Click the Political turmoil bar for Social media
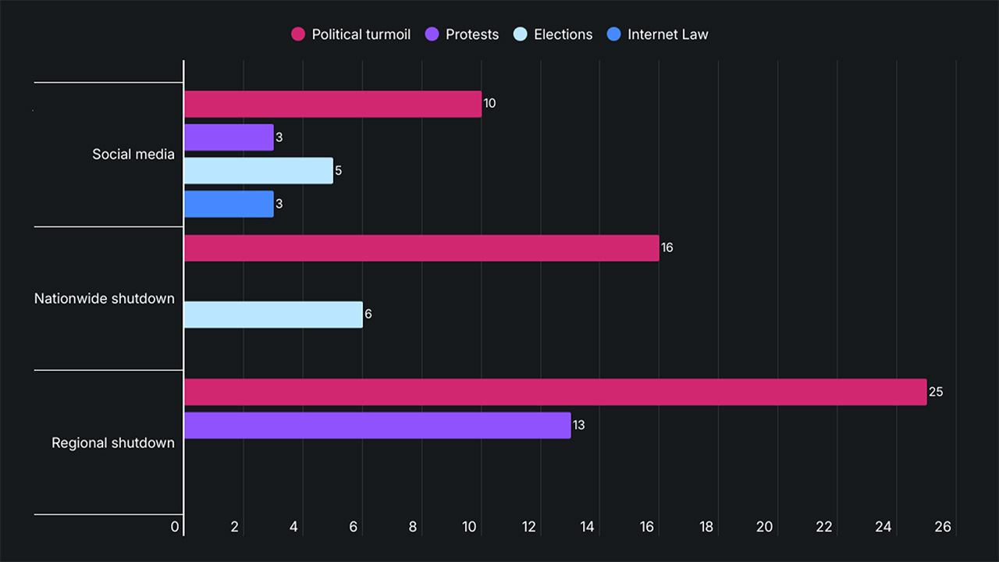pos(332,104)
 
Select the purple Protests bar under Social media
pos(229,137)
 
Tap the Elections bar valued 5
pos(258,170)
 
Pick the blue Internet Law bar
pos(229,204)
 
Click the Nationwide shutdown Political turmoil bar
pos(421,248)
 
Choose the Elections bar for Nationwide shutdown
pos(273,315)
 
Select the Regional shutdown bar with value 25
pos(555,392)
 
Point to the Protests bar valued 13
pos(377,425)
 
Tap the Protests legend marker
pos(432,34)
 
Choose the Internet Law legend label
pos(667,34)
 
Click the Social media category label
pos(133,154)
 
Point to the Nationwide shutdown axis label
pos(105,298)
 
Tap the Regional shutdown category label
pos(113,443)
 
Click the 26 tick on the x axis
pos(943,527)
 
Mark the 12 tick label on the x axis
pos(528,527)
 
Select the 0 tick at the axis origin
pos(175,527)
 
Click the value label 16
pos(667,248)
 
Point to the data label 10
pos(489,104)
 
